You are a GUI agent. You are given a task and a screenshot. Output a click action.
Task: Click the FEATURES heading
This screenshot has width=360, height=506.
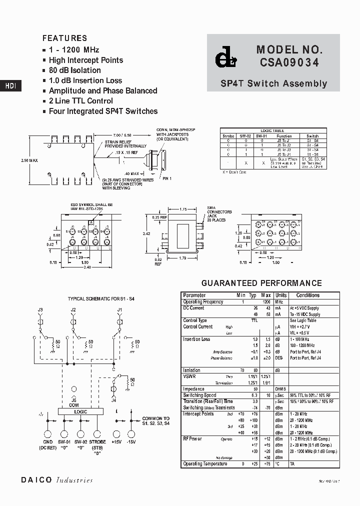click(x=64, y=38)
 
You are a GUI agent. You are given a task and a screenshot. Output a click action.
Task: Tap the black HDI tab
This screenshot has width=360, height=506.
click(x=10, y=86)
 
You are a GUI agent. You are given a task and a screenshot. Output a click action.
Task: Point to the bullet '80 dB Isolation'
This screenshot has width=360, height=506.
click(x=74, y=70)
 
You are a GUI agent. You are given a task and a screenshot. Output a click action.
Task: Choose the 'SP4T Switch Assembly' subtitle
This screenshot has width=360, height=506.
click(x=273, y=84)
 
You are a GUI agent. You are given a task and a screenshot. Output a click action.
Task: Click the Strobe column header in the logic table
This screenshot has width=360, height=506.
click(x=228, y=136)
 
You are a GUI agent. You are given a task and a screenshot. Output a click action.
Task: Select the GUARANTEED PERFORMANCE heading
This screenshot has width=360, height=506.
click(x=261, y=283)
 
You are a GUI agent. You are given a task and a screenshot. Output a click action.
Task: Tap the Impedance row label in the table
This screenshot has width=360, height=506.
click(x=193, y=388)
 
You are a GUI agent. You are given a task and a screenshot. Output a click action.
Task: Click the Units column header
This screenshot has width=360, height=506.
click(x=280, y=295)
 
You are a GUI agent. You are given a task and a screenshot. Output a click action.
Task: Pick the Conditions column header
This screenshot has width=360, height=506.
click(x=307, y=295)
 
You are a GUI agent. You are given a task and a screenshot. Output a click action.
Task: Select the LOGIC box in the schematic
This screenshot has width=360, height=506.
click(x=80, y=411)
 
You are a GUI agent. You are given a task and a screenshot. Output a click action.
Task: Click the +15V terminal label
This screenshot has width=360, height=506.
click(x=116, y=442)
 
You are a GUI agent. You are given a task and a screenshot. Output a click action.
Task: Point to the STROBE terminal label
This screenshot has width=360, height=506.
click(x=97, y=442)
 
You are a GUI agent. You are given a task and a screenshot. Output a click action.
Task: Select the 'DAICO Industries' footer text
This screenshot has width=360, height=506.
click(x=57, y=480)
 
